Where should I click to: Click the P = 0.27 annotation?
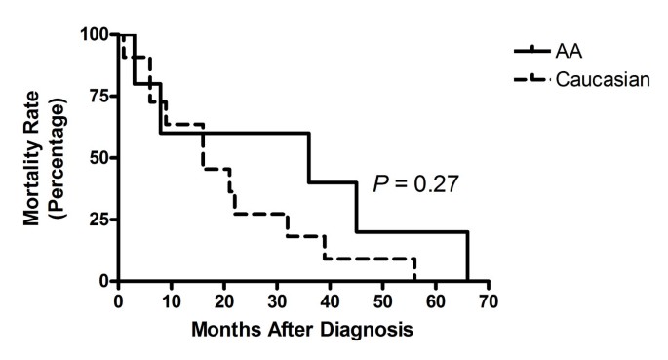click(413, 182)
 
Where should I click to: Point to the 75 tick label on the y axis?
click(99, 97)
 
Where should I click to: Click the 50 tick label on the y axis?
click(99, 158)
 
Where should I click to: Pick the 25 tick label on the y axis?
click(99, 220)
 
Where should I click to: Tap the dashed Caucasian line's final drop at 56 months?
click(414, 270)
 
